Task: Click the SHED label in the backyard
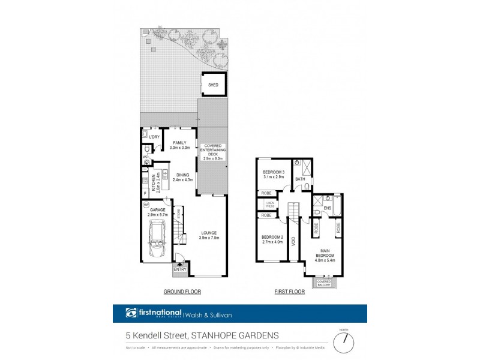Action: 213,85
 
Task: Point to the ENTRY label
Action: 179,269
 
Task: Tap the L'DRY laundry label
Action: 154,137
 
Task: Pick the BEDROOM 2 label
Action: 272,239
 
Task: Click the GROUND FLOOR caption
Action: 182,292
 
